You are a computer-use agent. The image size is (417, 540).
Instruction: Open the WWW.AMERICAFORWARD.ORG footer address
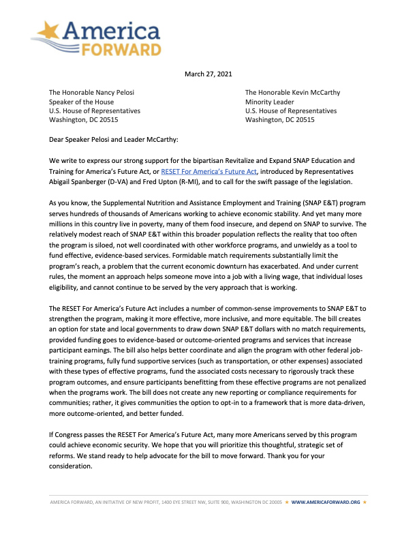(x=325, y=502)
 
